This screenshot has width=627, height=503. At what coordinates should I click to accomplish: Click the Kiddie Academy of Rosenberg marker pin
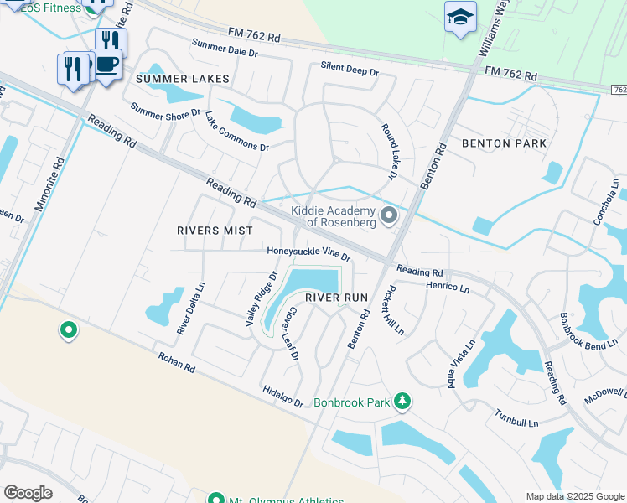pyautogui.click(x=389, y=216)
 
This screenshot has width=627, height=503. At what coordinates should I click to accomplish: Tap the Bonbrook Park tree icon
pyautogui.click(x=402, y=402)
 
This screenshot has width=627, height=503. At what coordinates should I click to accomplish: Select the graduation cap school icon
pyautogui.click(x=460, y=18)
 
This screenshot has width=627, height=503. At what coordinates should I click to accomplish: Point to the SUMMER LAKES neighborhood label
pyautogui.click(x=183, y=79)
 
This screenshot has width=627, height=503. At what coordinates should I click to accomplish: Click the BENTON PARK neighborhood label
pyautogui.click(x=503, y=143)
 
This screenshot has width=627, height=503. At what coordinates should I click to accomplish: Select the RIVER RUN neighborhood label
pyautogui.click(x=337, y=298)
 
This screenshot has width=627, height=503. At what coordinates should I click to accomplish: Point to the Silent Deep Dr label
pyautogui.click(x=350, y=70)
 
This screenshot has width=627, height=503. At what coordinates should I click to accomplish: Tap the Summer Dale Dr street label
pyautogui.click(x=225, y=48)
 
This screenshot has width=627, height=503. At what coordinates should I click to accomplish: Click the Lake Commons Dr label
pyautogui.click(x=236, y=132)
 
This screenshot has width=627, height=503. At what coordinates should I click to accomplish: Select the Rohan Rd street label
pyautogui.click(x=176, y=362)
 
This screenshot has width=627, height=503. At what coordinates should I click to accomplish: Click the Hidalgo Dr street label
pyautogui.click(x=282, y=397)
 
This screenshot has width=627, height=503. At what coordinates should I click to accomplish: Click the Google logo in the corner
pyautogui.click(x=28, y=492)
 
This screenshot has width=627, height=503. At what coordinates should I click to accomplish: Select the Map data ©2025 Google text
pyautogui.click(x=574, y=496)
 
